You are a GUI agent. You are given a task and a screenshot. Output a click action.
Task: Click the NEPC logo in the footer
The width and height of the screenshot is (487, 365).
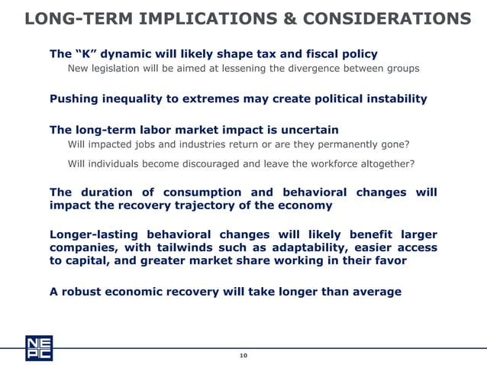tap(38, 347)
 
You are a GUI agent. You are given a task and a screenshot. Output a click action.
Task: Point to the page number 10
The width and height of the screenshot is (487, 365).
tap(243, 356)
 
